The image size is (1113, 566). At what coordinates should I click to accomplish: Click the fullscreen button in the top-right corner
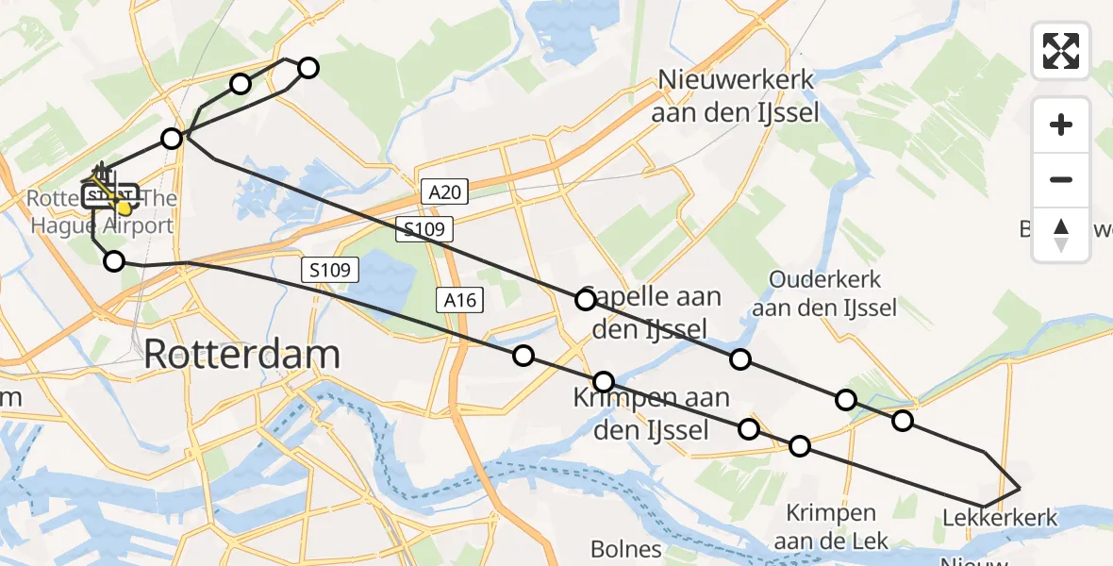pos(1061,50)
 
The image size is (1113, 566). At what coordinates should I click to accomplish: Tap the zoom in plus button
pos(1061,125)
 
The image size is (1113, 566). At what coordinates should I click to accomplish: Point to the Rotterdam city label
pos(241,355)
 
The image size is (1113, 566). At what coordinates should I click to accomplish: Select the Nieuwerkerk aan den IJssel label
pos(736,96)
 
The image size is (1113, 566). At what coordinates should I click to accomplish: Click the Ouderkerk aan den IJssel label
pos(824,293)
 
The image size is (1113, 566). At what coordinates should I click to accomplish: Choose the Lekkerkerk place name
pos(1000,518)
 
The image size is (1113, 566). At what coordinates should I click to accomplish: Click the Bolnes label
pos(625,548)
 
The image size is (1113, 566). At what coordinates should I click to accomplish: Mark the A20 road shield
pos(443,193)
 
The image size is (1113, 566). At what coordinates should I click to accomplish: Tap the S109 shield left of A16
pos(331,271)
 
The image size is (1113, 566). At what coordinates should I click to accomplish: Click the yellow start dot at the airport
pos(123,207)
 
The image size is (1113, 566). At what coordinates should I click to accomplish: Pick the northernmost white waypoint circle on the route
pos(308,67)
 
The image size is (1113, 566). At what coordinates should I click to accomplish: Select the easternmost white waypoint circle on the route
pos(903,420)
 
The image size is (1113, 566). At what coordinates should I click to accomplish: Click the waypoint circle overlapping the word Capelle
pos(586,300)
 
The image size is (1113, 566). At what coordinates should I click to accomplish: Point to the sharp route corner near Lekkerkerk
pos(1020,488)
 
